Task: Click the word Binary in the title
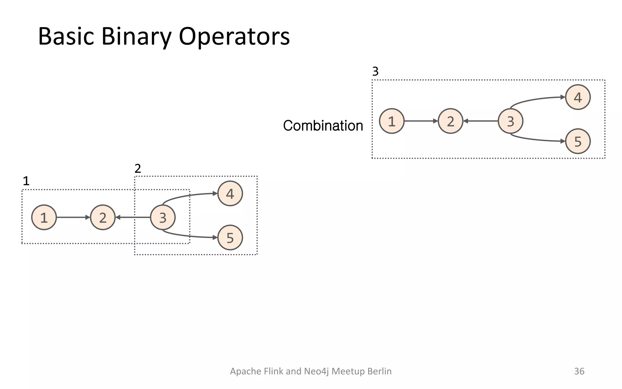tap(136, 36)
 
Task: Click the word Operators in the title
tap(234, 36)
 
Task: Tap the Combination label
tap(323, 126)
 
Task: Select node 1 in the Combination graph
tap(391, 121)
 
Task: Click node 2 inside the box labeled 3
tap(450, 121)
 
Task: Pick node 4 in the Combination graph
tap(577, 97)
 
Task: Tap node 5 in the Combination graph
tap(577, 141)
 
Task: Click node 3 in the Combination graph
tap(510, 121)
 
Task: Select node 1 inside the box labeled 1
tap(44, 217)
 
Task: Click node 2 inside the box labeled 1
tap(103, 217)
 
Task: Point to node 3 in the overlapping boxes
tap(163, 217)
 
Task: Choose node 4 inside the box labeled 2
tap(230, 194)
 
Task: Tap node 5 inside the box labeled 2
tap(230, 238)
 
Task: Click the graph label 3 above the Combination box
tap(375, 72)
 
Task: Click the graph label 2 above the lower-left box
tap(138, 168)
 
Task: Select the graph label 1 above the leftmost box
tap(26, 181)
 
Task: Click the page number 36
tap(579, 371)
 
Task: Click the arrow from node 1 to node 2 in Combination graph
tap(421, 121)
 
